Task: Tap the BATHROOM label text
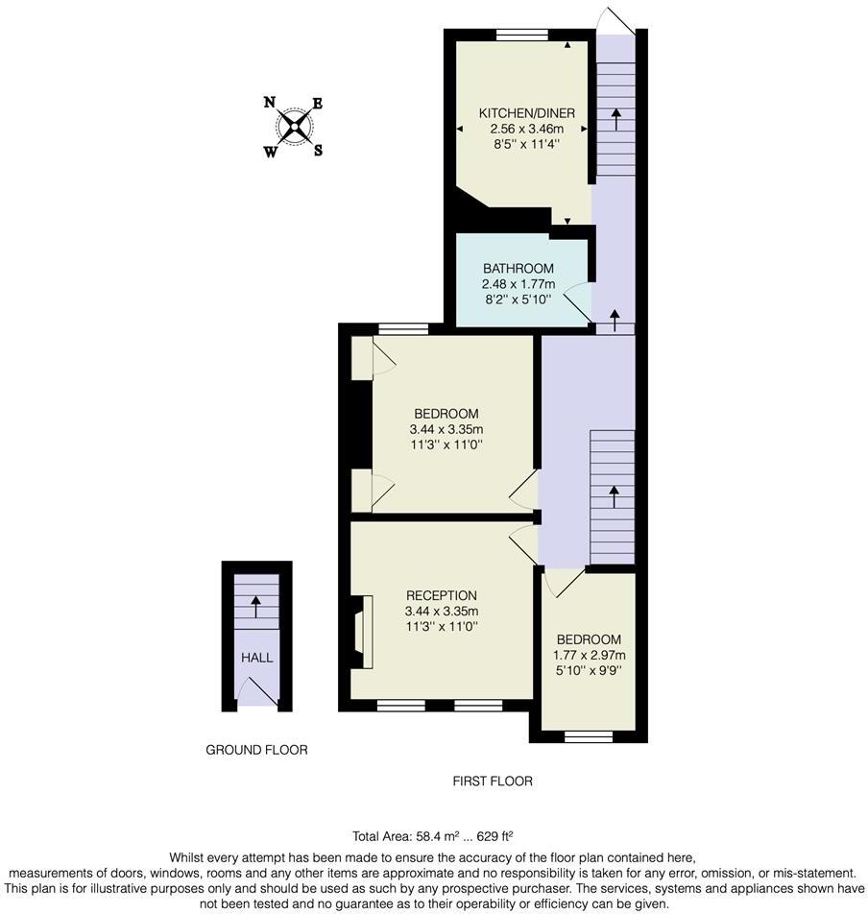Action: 518,268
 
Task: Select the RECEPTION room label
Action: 441,595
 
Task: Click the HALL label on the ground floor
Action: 256,658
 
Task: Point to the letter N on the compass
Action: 270,103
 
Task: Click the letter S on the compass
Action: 318,149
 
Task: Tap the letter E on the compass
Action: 318,104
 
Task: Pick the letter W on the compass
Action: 271,151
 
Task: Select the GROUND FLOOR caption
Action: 256,750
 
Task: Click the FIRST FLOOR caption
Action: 492,782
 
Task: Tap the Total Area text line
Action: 434,835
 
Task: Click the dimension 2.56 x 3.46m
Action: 526,129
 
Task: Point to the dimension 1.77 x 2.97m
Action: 589,655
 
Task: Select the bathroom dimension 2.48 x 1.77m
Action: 518,283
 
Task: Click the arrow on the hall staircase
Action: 256,606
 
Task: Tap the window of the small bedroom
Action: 589,737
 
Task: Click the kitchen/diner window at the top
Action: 522,36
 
